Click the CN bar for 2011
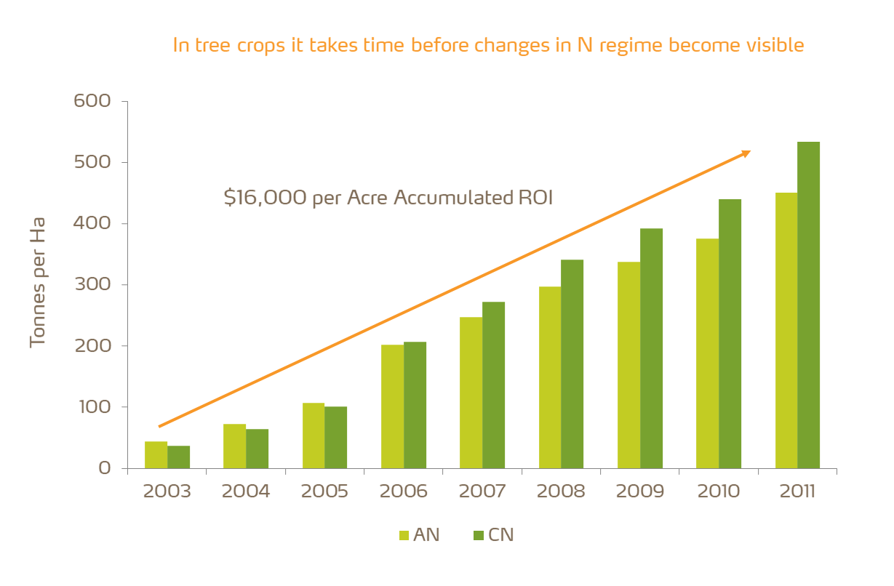[x=808, y=305]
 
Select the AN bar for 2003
[x=156, y=454]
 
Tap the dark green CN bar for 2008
[x=572, y=364]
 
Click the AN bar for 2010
[x=707, y=353]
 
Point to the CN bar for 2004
[x=257, y=448]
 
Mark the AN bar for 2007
[x=471, y=392]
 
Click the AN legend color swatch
[x=404, y=536]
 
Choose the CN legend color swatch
[x=479, y=536]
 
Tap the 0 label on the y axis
[x=104, y=468]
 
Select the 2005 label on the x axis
[x=324, y=491]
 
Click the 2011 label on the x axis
[x=797, y=491]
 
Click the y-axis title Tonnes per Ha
[x=38, y=281]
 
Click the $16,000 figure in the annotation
[x=265, y=198]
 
